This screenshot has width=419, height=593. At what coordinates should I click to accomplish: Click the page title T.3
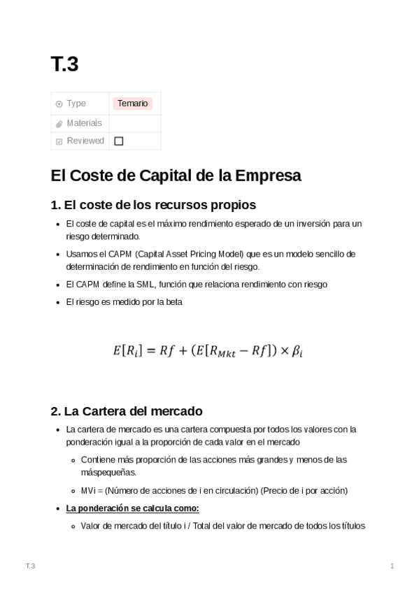[x=64, y=64]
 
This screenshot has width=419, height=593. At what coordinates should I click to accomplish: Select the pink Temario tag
[x=133, y=103]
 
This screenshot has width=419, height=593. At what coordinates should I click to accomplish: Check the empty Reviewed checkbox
[x=119, y=141]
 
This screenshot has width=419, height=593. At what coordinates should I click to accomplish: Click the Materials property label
[x=84, y=123]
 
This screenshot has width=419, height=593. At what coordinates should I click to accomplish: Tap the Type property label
[x=76, y=103]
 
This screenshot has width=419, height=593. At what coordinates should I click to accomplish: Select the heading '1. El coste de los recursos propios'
[x=153, y=205]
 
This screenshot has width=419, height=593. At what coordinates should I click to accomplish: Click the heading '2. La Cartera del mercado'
[x=127, y=410]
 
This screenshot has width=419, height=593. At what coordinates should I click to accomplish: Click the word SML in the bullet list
[x=143, y=284]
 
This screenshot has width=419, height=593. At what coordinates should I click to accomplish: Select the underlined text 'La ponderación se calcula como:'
[x=132, y=508]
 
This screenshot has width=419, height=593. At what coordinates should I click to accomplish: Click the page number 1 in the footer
[x=392, y=565]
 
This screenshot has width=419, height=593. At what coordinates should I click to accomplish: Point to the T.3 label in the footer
[x=29, y=565]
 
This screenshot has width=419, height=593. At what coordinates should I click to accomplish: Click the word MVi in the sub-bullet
[x=89, y=490]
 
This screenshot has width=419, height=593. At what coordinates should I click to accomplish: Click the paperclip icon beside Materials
[x=59, y=124]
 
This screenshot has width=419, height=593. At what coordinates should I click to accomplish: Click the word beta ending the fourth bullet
[x=173, y=302]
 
